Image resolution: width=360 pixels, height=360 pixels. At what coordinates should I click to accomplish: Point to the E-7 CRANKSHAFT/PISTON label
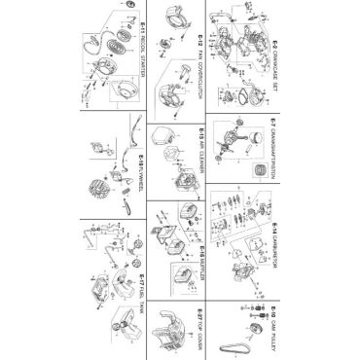tap(276, 157)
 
